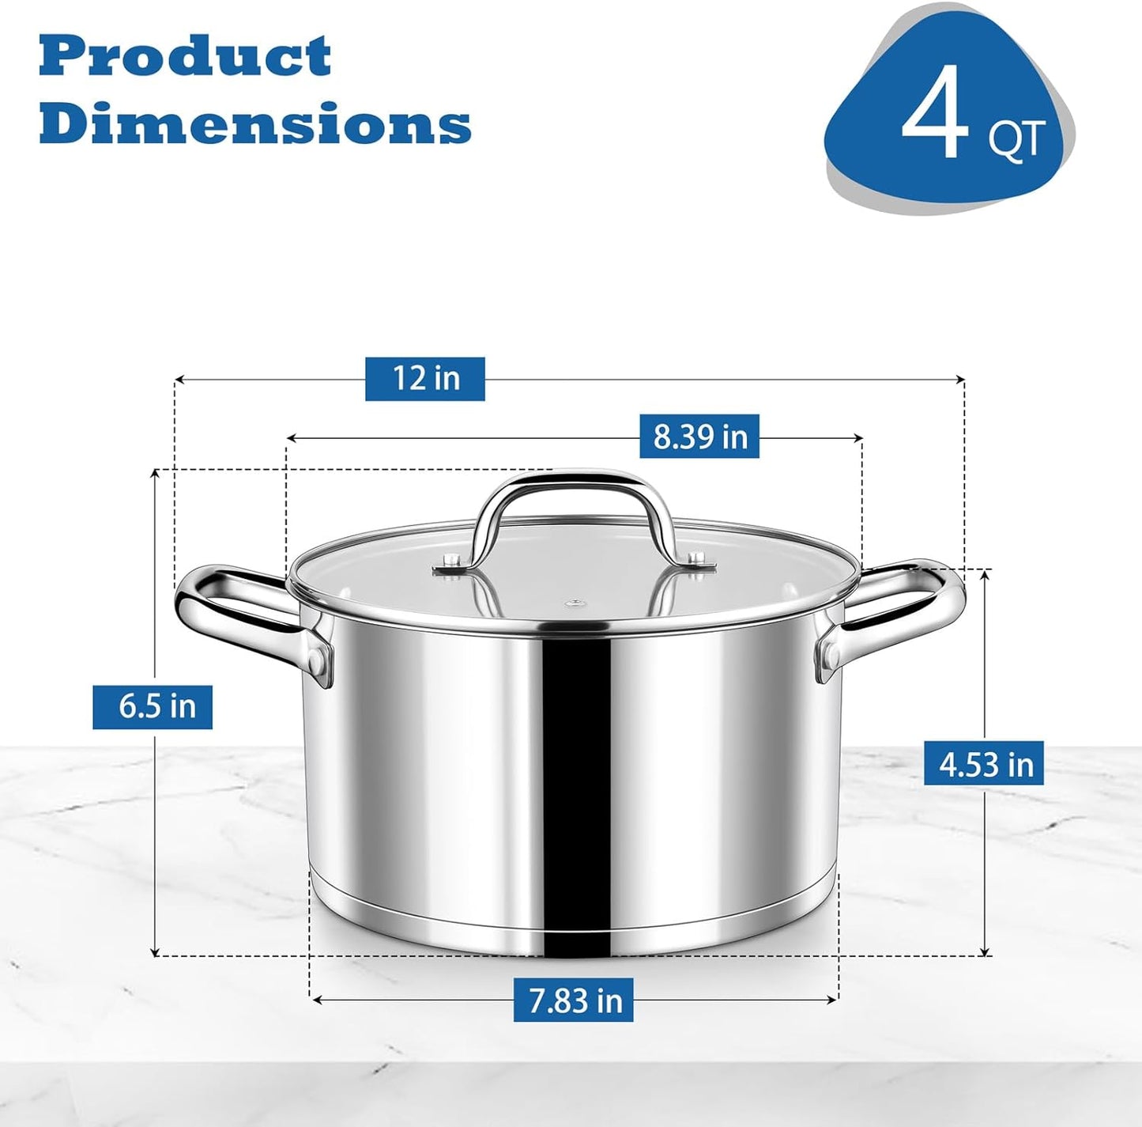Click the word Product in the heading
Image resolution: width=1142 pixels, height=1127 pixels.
coord(185,57)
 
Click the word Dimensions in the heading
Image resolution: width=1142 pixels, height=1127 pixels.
coord(254,123)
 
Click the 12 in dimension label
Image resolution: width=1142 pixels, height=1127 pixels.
coord(425,378)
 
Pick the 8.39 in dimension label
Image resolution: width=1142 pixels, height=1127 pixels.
coord(699,436)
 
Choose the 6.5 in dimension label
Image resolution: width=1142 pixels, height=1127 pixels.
coord(153,706)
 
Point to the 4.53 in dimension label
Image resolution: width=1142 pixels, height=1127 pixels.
coord(984,764)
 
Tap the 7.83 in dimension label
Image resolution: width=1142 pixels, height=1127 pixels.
coord(574,1000)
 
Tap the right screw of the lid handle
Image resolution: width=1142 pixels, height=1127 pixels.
coord(695,559)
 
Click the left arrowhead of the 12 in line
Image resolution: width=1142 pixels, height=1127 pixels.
coord(179,380)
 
